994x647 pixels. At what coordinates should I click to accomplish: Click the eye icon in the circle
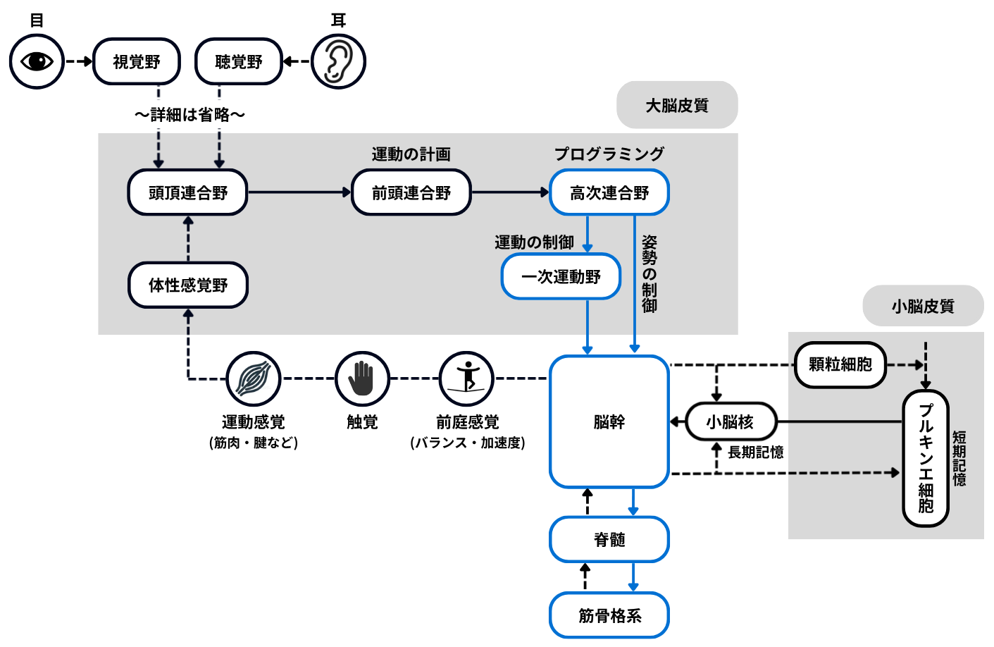(37, 62)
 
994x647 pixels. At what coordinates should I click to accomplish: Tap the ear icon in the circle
(338, 62)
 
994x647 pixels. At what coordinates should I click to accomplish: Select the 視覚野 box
(137, 62)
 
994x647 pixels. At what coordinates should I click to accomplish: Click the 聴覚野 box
(239, 62)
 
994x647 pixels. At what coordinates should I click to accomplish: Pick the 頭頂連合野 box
(188, 192)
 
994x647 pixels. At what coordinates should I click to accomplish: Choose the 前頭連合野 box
(411, 192)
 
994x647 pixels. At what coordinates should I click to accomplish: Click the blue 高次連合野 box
(609, 192)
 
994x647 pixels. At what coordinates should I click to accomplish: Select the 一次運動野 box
(561, 276)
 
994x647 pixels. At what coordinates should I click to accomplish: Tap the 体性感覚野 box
(188, 285)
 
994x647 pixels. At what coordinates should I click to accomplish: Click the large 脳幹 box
(609, 421)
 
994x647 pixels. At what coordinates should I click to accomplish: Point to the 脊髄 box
(609, 539)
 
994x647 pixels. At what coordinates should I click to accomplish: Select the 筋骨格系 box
(609, 615)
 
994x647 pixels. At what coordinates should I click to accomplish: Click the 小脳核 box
(731, 421)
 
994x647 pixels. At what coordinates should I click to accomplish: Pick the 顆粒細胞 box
(840, 364)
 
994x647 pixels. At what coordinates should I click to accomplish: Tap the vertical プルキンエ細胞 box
(926, 458)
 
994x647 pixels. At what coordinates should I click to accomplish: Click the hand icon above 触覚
(362, 378)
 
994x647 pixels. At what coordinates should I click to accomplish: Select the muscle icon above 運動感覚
(254, 378)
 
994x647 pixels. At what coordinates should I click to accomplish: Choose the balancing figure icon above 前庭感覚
(467, 378)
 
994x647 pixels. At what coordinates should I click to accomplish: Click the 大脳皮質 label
(677, 105)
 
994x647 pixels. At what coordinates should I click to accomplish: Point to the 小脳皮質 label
(923, 306)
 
